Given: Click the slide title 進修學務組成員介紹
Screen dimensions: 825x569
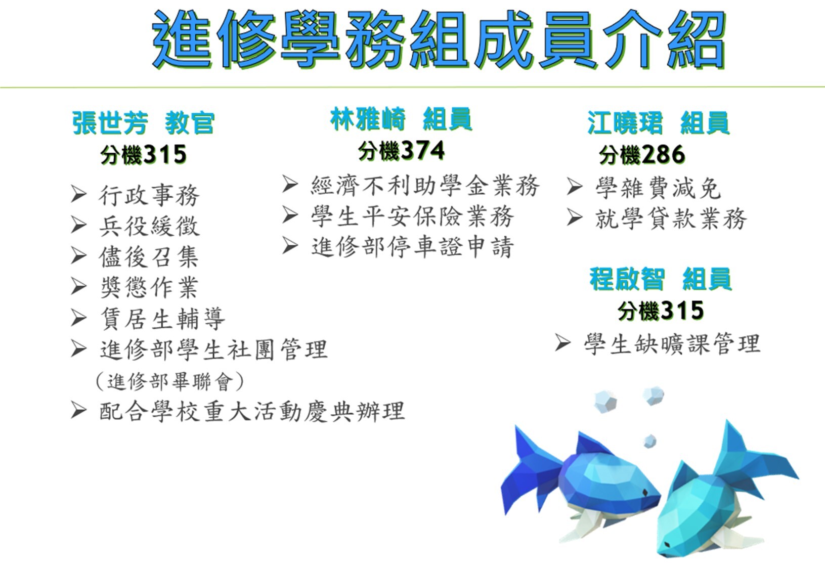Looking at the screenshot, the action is pos(438,39).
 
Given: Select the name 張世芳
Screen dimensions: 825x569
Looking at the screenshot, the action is pos(110,122).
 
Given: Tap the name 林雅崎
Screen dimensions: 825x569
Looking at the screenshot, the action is pos(368,119).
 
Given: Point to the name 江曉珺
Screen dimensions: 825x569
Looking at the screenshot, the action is pos(625,122).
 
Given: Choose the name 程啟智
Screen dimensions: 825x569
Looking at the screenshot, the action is pos(627,279).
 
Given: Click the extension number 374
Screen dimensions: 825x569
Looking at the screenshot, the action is pos(423,151).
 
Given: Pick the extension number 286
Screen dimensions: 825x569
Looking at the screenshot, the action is pos(663,154).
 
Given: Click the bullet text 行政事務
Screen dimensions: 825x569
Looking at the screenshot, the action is pos(149,195).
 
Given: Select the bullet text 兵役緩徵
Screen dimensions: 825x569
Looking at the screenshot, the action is pos(149,226).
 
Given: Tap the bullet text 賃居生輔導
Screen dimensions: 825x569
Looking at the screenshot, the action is pos(162,319).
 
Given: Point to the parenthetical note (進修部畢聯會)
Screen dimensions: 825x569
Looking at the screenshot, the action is pos(170,381).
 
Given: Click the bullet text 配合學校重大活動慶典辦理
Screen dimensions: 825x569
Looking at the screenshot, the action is pos(252,411).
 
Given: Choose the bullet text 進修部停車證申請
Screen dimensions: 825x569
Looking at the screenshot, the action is pos(412,247).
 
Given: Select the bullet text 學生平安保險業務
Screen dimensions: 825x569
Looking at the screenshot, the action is pos(412,216).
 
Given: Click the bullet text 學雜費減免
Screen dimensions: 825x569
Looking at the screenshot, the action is pos(658,188).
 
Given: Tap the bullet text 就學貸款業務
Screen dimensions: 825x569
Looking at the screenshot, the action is pos(671,219).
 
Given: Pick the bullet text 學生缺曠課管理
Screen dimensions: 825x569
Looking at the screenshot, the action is pos(672,344).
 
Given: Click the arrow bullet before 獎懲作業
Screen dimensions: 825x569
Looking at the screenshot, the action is pos(79,286).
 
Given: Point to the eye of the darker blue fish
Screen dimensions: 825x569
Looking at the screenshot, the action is pos(645,493).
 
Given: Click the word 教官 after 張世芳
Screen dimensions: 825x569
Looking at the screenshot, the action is pos(189,122).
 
